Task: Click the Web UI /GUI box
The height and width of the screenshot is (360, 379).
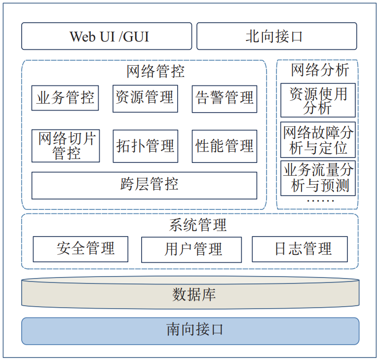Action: click(x=107, y=36)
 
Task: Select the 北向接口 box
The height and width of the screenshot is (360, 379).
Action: click(x=276, y=36)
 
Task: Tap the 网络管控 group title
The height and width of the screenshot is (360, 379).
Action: click(x=155, y=72)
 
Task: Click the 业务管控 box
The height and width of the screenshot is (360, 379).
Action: click(x=65, y=98)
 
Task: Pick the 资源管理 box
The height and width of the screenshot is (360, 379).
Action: click(x=145, y=98)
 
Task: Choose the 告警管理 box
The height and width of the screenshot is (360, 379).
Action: click(x=225, y=98)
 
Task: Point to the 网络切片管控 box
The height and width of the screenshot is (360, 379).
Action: click(x=65, y=146)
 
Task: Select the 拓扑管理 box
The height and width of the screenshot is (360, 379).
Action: click(x=145, y=146)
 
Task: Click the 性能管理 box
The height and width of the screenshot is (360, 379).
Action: click(x=225, y=146)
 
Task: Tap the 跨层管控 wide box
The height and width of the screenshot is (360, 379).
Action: click(x=144, y=185)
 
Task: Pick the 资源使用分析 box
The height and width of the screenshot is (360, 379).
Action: click(x=318, y=100)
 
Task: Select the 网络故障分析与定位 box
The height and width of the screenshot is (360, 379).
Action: click(x=318, y=140)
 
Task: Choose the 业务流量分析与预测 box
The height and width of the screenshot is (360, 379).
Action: click(x=318, y=177)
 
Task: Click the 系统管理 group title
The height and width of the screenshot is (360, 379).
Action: click(x=197, y=225)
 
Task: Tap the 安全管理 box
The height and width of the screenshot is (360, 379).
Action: click(x=80, y=248)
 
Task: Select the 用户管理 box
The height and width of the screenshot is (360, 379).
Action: click(x=191, y=249)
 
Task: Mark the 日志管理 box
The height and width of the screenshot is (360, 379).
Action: click(x=300, y=248)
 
